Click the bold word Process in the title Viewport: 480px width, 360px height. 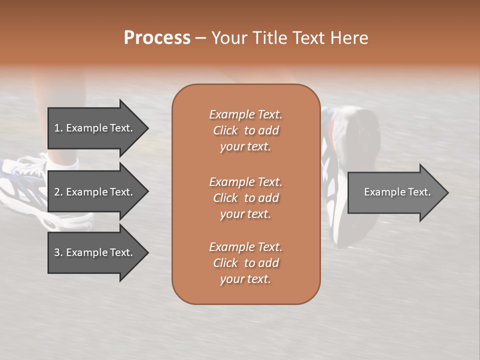[x=157, y=38]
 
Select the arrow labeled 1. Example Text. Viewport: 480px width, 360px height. [x=93, y=128]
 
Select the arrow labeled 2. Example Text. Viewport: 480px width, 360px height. [x=93, y=192]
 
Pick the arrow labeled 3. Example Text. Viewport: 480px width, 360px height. [x=93, y=252]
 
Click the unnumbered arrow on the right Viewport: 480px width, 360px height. [x=397, y=192]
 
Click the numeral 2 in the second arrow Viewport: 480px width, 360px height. [x=57, y=192]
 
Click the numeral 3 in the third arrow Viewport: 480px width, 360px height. [x=57, y=252]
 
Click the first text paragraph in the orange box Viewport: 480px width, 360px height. [x=245, y=130]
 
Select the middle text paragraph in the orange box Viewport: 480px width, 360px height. [x=245, y=198]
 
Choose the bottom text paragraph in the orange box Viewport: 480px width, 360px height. [x=245, y=263]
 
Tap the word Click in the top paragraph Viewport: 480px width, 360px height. [x=225, y=130]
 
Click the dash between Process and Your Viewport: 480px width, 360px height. [x=200, y=38]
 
